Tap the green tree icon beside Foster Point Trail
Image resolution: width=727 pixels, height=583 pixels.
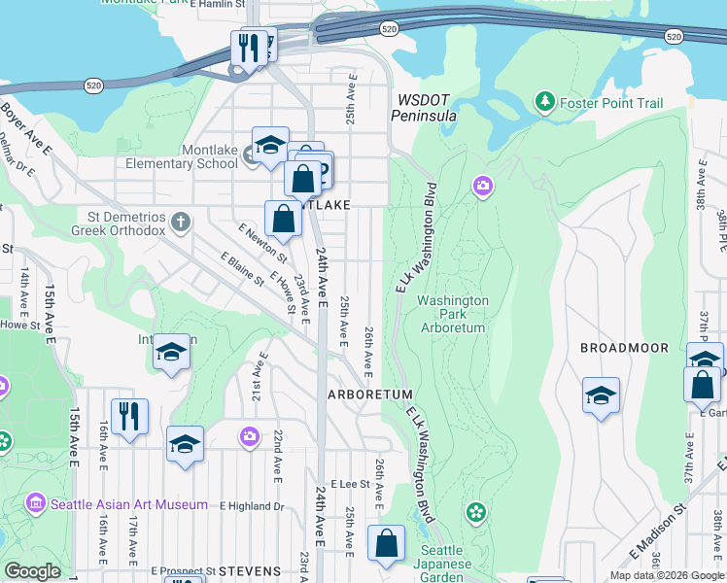click(x=545, y=101)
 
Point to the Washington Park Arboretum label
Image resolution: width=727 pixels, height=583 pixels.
click(x=452, y=314)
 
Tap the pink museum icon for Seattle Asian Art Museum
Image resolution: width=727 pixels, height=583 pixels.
click(x=36, y=504)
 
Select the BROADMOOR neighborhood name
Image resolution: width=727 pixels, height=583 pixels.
click(x=624, y=348)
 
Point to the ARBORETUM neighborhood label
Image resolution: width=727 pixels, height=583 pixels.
click(x=370, y=394)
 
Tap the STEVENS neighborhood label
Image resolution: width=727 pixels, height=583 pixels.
click(x=250, y=570)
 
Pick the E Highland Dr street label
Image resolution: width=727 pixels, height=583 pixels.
click(x=252, y=506)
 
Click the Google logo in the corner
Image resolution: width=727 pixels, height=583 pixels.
click(x=32, y=571)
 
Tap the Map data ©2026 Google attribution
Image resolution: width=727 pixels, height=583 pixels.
click(x=666, y=575)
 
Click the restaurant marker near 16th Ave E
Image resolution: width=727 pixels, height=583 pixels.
click(x=129, y=416)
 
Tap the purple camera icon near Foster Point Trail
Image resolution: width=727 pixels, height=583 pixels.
click(x=482, y=186)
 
